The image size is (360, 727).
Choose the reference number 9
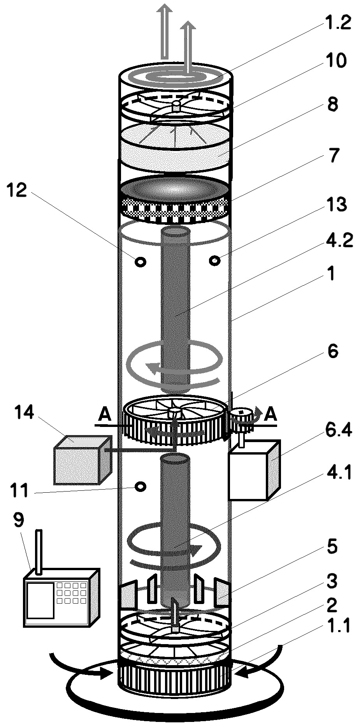pyautogui.click(x=18, y=520)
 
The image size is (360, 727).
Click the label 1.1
pyautogui.click(x=339, y=626)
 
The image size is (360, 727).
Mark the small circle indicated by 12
pyautogui.click(x=140, y=262)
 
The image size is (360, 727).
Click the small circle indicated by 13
pyautogui.click(x=215, y=260)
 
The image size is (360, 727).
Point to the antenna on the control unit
pyautogui.click(x=38, y=552)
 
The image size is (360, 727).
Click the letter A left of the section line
pyautogui.click(x=104, y=415)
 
